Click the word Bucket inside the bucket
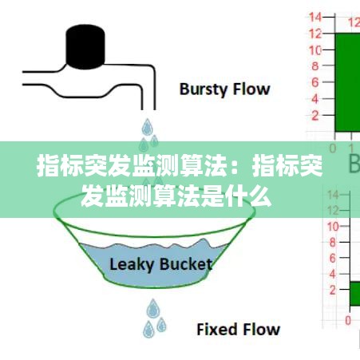[185, 264]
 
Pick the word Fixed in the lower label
[216, 329]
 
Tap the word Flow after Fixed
[260, 329]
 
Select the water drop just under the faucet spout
[148, 127]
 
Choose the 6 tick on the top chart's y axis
[315, 82]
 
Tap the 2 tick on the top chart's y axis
[315, 116]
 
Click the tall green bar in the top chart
[346, 80]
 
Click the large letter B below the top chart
[354, 164]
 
